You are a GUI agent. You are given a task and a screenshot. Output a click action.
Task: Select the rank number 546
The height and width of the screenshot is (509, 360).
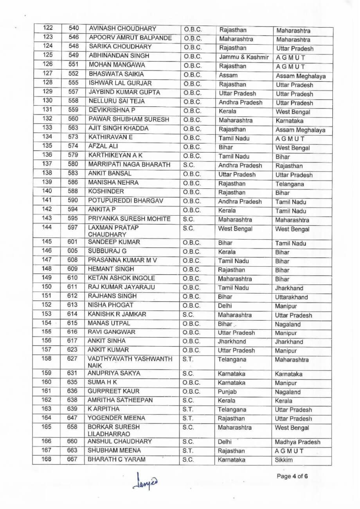[x=74, y=38]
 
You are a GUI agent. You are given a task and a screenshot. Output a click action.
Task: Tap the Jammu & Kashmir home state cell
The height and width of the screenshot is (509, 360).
[x=243, y=58]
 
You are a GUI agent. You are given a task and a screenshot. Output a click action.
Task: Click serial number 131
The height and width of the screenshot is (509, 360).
[x=47, y=110]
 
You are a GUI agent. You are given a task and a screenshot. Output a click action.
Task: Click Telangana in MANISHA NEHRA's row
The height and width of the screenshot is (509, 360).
[x=290, y=184]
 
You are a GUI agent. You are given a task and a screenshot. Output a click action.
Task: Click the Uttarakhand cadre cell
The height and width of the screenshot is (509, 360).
[x=292, y=297]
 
